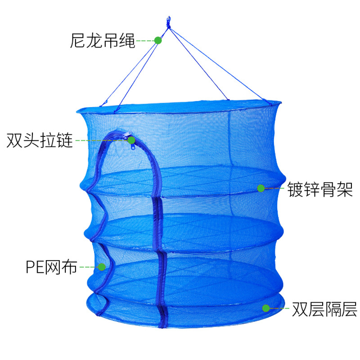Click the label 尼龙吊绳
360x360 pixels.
(x=102, y=40)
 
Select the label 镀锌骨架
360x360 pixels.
(x=320, y=189)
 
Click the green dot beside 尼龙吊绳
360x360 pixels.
(x=158, y=40)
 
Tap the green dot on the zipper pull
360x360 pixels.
(x=131, y=140)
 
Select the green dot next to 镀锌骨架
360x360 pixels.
(x=261, y=189)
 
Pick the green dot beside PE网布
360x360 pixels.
(x=102, y=267)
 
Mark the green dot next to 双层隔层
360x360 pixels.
(x=266, y=308)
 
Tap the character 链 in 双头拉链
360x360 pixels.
(x=65, y=140)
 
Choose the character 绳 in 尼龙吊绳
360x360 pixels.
(x=127, y=40)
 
